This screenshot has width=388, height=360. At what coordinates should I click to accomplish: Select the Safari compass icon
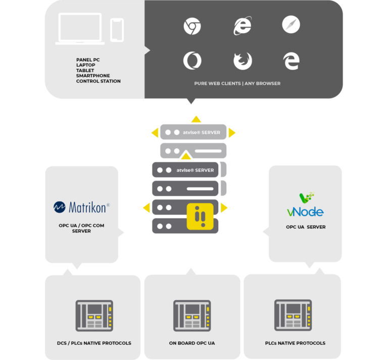291,25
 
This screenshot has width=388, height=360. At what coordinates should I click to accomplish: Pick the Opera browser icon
192,61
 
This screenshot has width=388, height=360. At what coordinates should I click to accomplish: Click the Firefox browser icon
242,61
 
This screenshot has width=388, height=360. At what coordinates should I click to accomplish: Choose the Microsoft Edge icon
291,61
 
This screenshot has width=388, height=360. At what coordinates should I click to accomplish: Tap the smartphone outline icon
117,30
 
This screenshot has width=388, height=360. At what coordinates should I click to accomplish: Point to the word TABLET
85,71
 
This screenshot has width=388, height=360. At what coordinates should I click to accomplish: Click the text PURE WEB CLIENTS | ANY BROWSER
237,83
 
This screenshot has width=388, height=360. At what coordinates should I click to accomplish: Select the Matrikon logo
81,207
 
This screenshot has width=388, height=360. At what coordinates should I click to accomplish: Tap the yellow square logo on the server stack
201,217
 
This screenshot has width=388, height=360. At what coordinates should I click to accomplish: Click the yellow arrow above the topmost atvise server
196,119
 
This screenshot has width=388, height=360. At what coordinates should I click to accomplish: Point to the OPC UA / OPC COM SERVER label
81,228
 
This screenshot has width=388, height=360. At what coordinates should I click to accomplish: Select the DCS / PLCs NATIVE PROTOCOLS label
94,343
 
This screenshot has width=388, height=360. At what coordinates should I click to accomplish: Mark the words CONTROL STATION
98,81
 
